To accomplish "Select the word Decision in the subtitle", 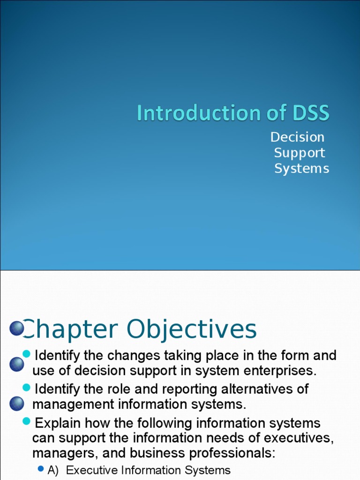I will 297,137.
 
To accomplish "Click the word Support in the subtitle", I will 299,153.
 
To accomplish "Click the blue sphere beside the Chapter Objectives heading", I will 17,328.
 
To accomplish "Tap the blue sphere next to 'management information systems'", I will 17,403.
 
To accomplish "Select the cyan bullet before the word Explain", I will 27,421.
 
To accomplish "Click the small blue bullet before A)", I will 41,468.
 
